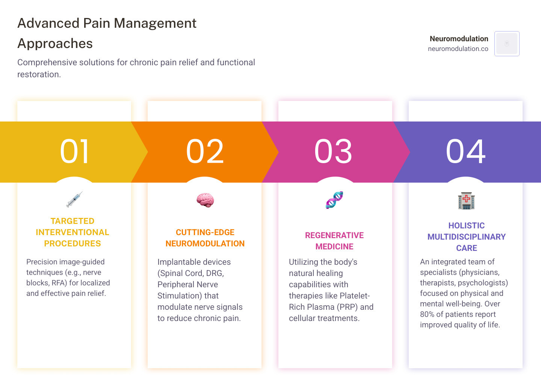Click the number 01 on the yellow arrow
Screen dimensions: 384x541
point(75,151)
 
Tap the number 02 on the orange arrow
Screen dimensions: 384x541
point(205,151)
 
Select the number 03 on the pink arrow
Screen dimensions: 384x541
point(334,151)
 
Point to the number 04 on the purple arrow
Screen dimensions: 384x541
point(466,151)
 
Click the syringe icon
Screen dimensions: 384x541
point(74,199)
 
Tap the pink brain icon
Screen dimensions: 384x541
point(205,200)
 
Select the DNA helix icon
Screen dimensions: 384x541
point(334,200)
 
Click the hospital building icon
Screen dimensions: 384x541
point(466,201)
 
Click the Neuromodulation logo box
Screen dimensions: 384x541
point(507,44)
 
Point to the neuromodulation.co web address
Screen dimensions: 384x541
point(458,49)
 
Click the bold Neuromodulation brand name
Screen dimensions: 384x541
point(459,39)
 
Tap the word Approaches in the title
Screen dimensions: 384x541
point(55,43)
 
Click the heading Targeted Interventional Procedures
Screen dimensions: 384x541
point(73,232)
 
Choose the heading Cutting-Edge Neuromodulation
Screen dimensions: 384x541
point(205,238)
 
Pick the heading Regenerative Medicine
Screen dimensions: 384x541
point(334,241)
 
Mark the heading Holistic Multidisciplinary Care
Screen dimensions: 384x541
point(466,237)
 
